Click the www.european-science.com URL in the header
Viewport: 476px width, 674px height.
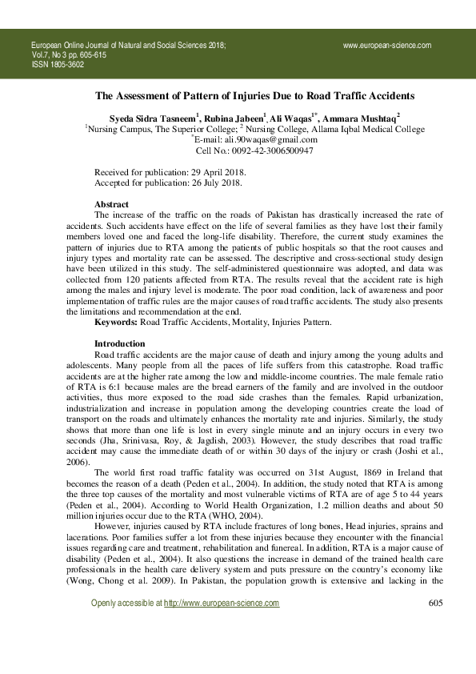(387, 46)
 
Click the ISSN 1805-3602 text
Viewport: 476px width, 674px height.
(57, 64)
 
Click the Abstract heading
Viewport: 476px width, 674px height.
(111, 205)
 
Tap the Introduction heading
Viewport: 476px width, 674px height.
(119, 343)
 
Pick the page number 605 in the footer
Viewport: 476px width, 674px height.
(436, 625)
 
